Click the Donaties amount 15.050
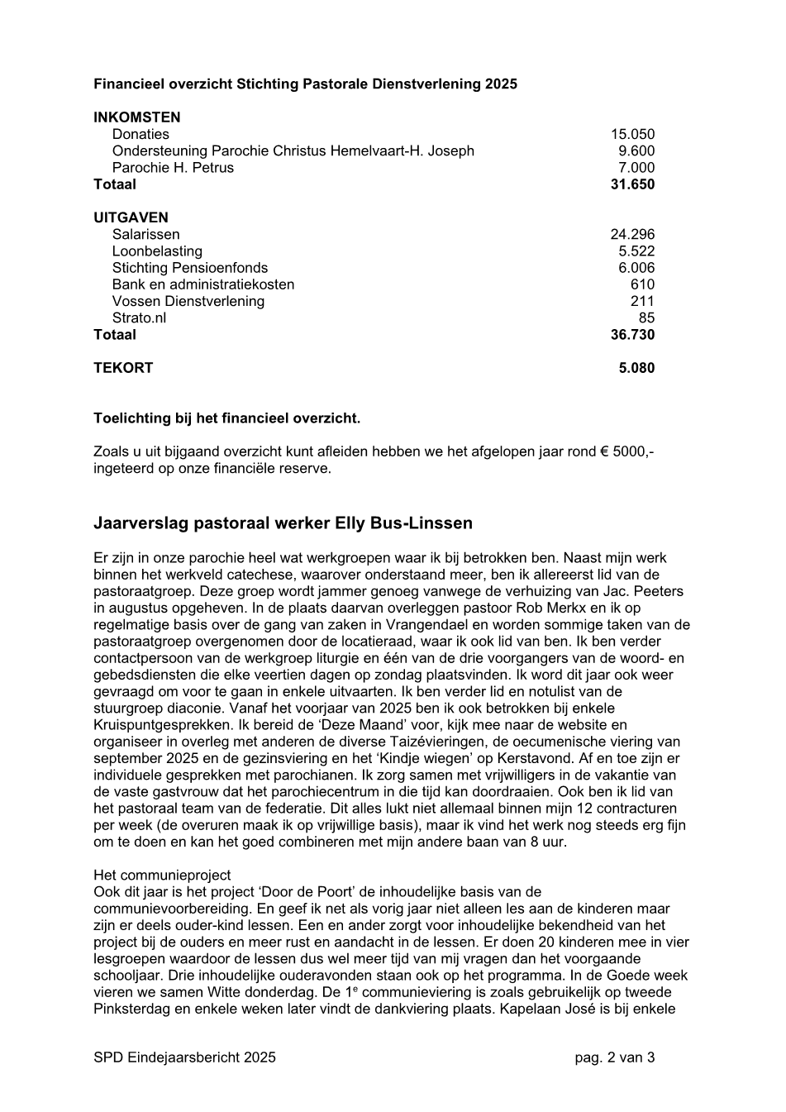click(x=632, y=134)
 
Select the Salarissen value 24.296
click(x=632, y=234)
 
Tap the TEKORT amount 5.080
click(x=636, y=368)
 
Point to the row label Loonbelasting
click(x=157, y=251)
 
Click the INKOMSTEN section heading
click(x=136, y=117)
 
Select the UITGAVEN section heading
click(x=131, y=217)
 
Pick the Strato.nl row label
click(x=139, y=317)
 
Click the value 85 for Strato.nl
click(x=646, y=317)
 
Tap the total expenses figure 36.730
click(x=632, y=335)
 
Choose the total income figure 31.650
click(x=632, y=184)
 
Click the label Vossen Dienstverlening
click(x=188, y=301)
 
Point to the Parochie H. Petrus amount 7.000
click(x=636, y=168)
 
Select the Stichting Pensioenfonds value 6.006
click(x=636, y=268)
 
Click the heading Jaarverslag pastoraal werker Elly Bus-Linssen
click(x=283, y=523)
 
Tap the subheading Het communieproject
click(x=162, y=875)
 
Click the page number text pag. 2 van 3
click(x=615, y=1057)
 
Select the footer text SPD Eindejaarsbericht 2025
click(x=184, y=1057)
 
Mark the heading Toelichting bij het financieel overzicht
click(x=226, y=418)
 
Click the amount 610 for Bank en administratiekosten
click(x=642, y=284)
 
